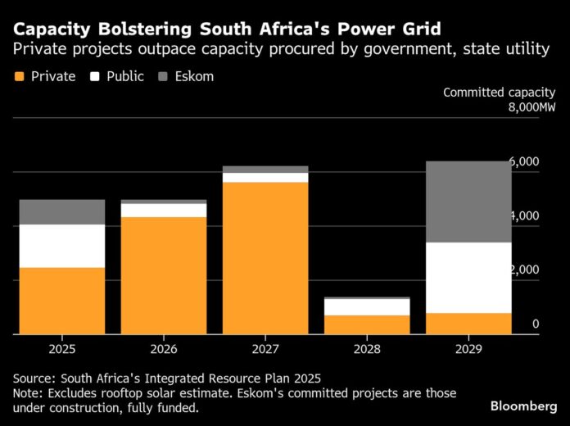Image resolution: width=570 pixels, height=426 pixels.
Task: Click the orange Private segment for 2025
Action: [x=62, y=301]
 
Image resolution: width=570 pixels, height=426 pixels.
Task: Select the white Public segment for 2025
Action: [x=62, y=246]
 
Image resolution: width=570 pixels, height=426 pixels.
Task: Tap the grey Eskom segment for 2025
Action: [x=62, y=212]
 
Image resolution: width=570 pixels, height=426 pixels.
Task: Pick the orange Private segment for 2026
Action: [x=164, y=275]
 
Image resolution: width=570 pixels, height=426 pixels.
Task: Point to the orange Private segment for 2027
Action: [x=265, y=258]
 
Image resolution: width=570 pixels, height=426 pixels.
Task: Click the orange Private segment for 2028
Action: [x=367, y=324]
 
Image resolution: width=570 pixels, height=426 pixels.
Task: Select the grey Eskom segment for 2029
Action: [x=468, y=202]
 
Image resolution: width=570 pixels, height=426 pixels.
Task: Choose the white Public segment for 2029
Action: [x=468, y=278]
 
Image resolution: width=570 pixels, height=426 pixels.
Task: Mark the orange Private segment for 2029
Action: [x=468, y=324]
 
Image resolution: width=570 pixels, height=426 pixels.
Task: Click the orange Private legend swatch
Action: [x=20, y=77]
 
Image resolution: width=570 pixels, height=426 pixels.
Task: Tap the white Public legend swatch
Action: [x=94, y=77]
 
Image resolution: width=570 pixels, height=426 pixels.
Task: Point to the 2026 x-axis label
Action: [x=164, y=349]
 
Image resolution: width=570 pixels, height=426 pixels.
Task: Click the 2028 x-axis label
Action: [x=367, y=349]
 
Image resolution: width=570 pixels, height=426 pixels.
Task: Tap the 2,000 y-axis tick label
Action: [x=524, y=270]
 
